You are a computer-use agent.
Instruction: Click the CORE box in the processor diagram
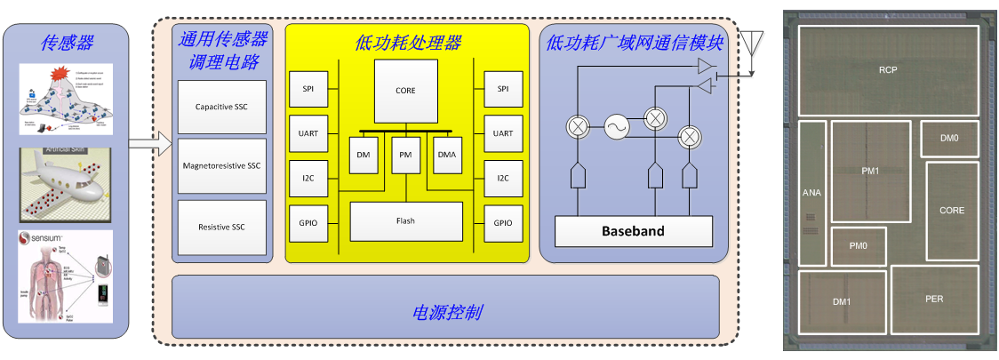point(405,91)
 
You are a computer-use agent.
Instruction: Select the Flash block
point(405,220)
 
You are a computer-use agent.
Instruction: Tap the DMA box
point(447,156)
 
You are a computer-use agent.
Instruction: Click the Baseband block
point(633,231)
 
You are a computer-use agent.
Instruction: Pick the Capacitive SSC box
point(221,108)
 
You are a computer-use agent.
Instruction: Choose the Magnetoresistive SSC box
point(221,166)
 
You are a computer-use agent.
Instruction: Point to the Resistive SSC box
point(221,227)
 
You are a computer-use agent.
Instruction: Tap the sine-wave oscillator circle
point(616,128)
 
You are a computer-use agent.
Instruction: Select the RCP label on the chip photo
point(887,70)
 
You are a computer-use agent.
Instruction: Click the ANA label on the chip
point(811,192)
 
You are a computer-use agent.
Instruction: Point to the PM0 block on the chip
point(858,245)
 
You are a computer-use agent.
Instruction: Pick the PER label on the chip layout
point(933,299)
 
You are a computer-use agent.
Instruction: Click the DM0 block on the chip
point(950,139)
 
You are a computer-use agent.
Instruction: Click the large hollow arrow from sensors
point(149,141)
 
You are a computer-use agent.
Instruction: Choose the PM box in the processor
point(405,156)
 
